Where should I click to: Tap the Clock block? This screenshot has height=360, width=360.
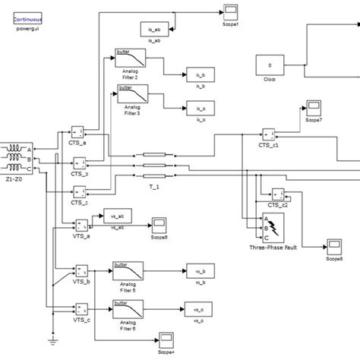[270, 66]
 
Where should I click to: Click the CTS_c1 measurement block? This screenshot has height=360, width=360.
[270, 134]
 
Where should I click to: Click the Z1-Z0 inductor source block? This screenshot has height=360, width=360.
[14, 159]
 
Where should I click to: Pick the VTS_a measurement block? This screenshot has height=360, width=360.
[81, 226]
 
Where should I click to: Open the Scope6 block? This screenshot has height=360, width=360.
[159, 224]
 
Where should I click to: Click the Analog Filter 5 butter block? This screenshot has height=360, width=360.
[126, 270]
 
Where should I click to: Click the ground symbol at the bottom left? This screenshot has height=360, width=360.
[52, 343]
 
